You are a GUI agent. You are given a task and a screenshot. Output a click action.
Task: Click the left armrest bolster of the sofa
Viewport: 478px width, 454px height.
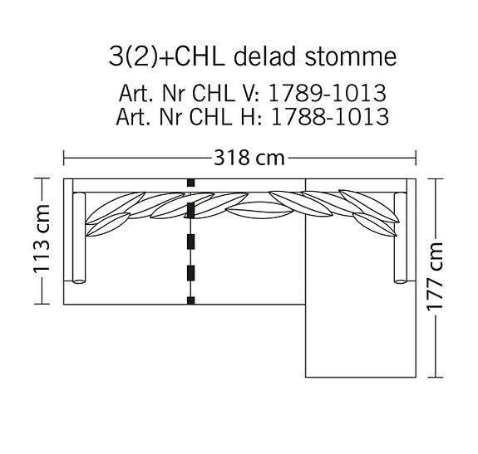coord(81,238)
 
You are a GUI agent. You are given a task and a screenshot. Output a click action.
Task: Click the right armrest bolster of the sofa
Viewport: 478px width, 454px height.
coord(400,238)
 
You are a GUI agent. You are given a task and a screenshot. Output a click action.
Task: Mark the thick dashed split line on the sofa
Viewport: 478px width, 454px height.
coord(191,241)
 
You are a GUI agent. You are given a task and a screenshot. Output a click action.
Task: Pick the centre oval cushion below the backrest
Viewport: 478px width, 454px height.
coord(254,212)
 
